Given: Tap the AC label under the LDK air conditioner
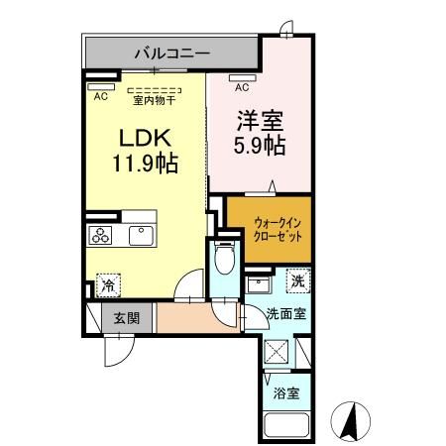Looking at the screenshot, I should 101,97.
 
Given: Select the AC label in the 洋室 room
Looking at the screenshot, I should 241,87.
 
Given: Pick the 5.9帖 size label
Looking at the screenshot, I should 261,148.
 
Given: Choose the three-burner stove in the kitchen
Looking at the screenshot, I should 102,235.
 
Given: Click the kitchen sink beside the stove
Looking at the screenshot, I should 138,235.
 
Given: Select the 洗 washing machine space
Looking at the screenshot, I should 296,281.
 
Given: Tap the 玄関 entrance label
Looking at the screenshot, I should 125,318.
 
